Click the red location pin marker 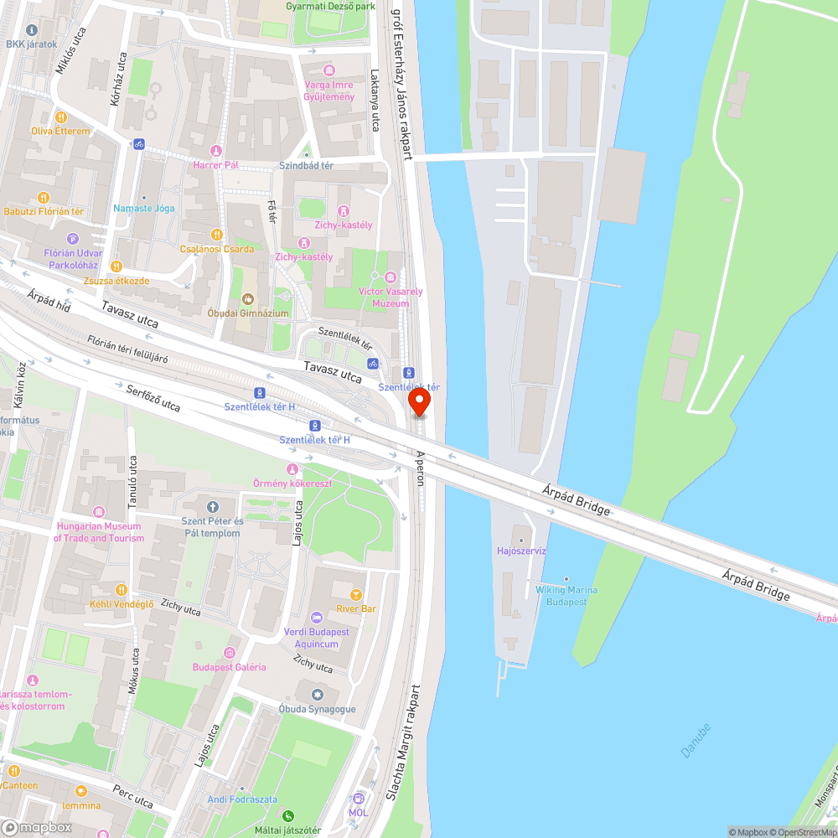(x=419, y=403)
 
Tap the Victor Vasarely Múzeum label (x=391, y=297)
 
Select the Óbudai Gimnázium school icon (x=248, y=298)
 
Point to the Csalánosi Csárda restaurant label (x=217, y=249)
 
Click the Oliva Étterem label (x=60, y=132)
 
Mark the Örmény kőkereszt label (x=292, y=484)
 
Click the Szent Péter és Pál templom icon (x=211, y=507)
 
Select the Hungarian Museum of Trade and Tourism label (x=99, y=532)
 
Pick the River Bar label (x=356, y=608)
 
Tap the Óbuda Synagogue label (x=317, y=709)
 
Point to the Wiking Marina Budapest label (x=566, y=596)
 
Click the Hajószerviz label (x=521, y=551)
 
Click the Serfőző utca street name (x=153, y=399)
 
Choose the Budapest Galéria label (x=230, y=667)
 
